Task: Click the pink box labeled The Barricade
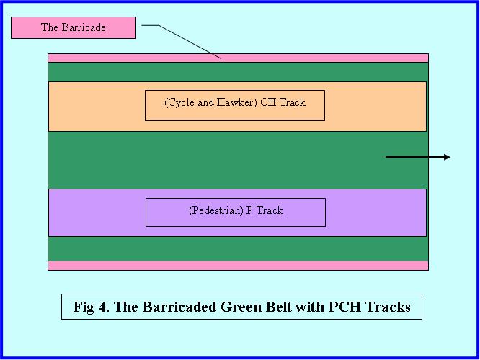coord(74,27)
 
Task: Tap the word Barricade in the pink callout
coord(84,27)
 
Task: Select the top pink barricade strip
coord(238,58)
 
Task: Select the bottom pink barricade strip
coord(238,266)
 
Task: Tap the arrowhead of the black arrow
coord(447,157)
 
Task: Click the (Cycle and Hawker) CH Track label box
coord(235,105)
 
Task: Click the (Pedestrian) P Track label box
coord(236,212)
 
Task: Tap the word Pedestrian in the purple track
coord(216,211)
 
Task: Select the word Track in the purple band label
coord(270,211)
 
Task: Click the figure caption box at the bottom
coord(241,307)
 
